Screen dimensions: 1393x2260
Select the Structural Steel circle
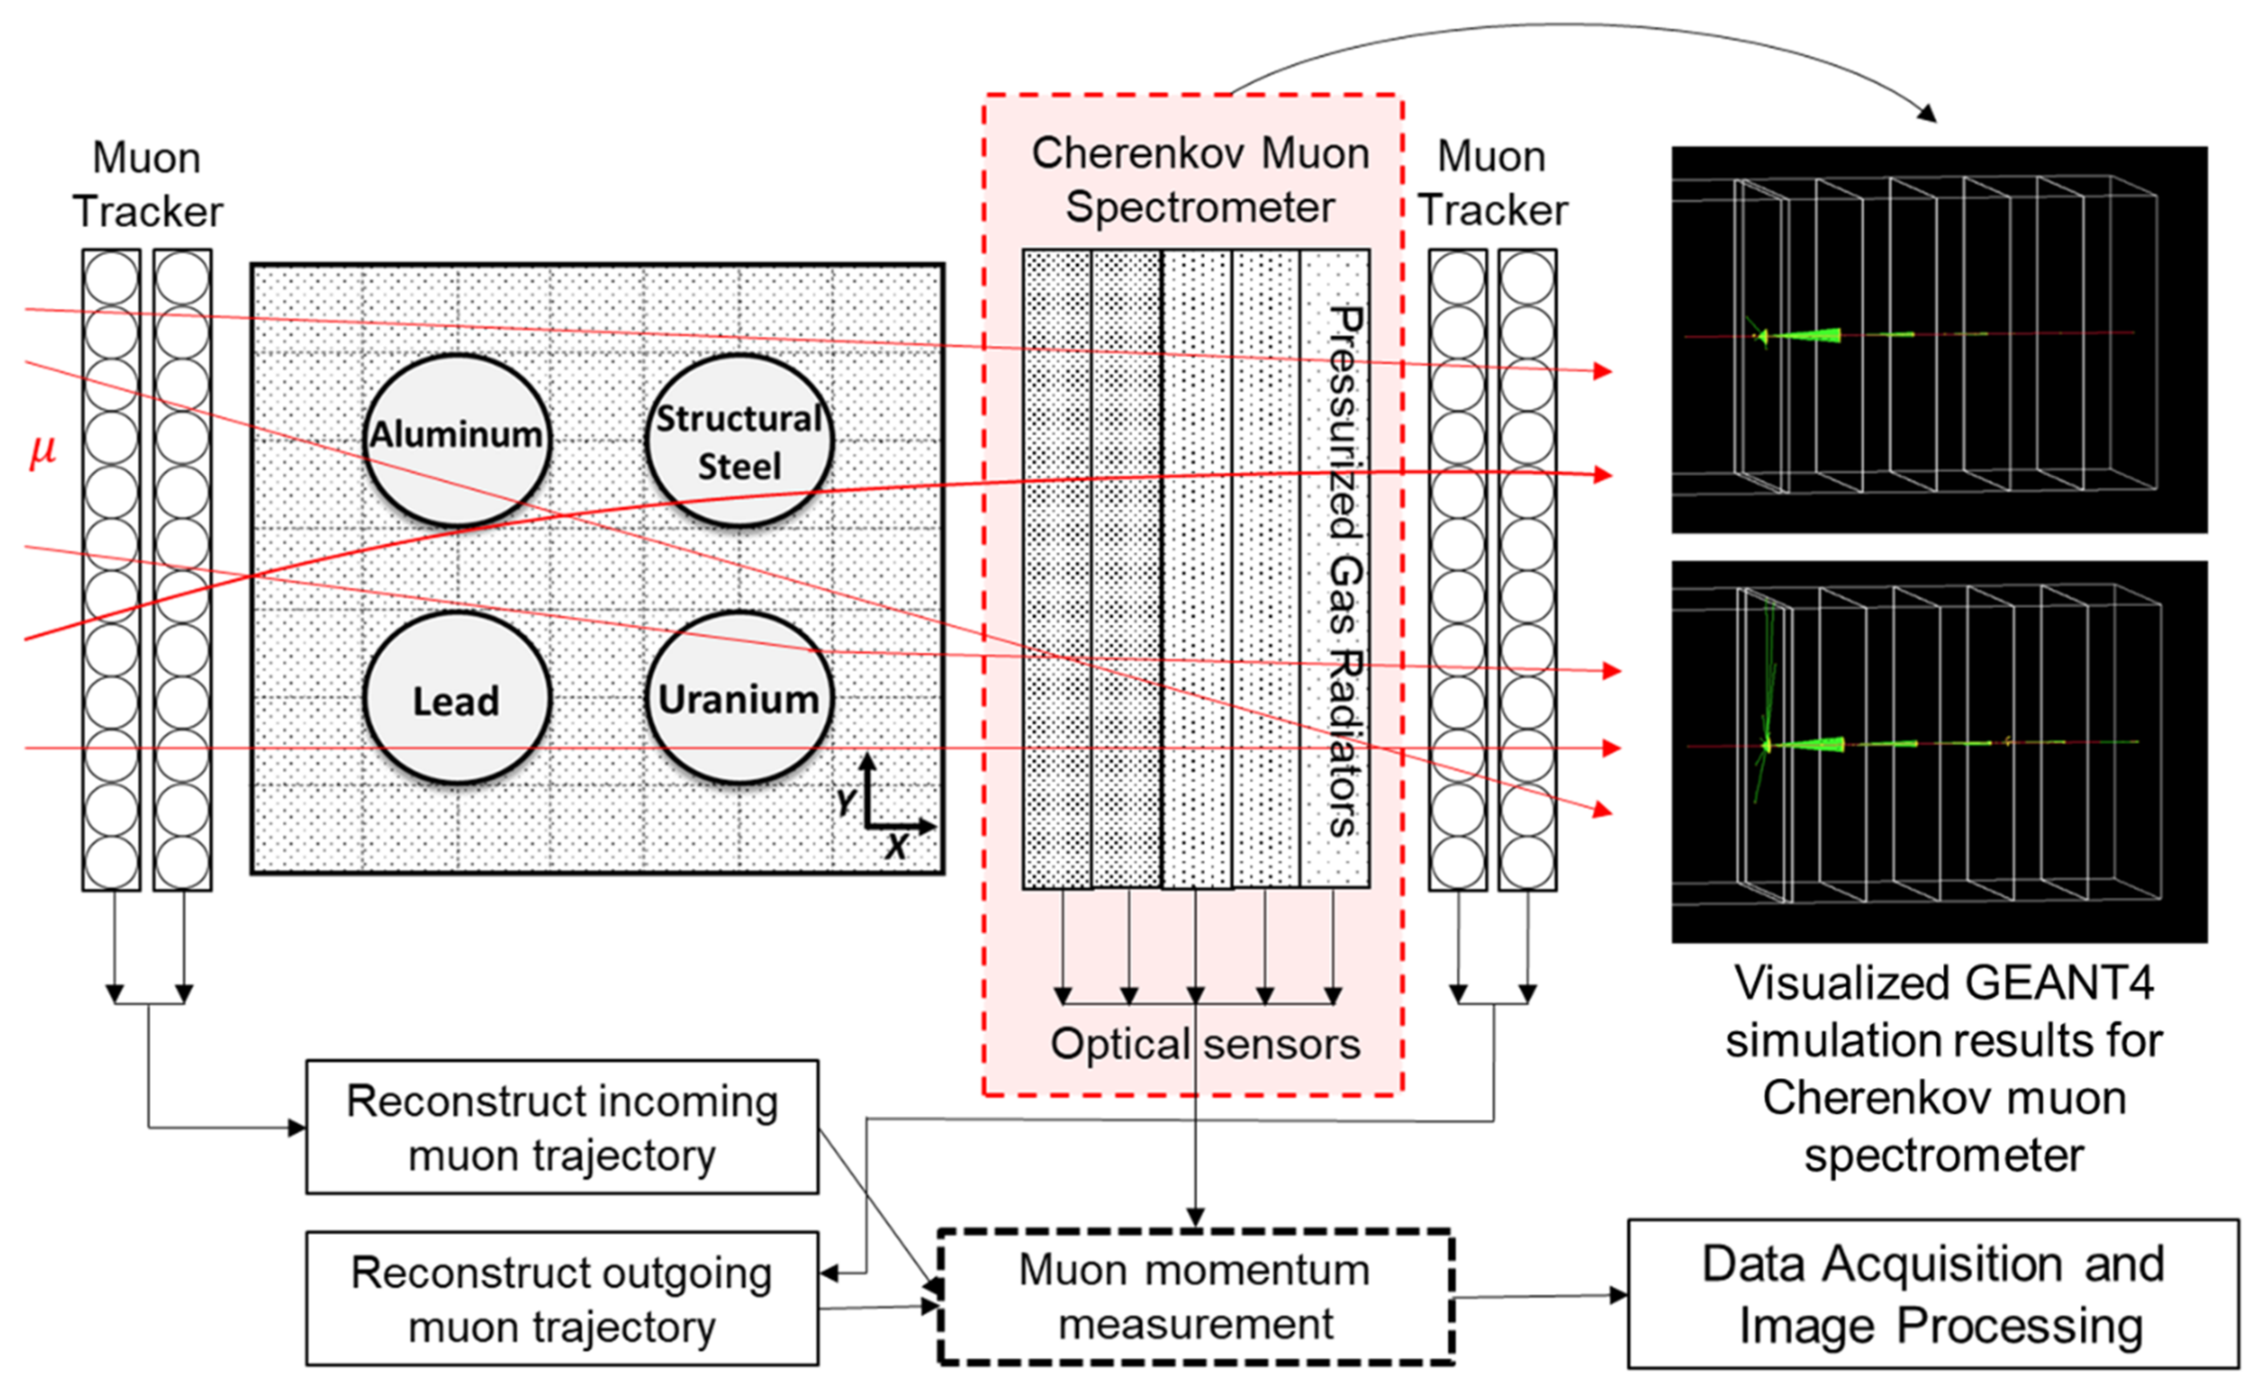(739, 441)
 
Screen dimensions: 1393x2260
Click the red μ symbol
(42, 451)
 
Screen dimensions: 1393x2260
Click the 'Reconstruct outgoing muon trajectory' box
(562, 1298)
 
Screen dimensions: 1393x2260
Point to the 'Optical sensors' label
(1205, 1044)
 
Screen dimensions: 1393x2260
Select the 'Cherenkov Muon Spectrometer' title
(1200, 180)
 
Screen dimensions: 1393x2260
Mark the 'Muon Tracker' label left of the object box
(147, 184)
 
